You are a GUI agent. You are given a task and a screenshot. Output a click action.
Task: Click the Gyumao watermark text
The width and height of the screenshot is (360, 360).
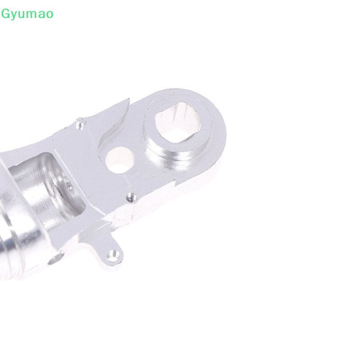point(27,14)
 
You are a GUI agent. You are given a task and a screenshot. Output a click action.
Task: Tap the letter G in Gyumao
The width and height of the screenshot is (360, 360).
point(5,13)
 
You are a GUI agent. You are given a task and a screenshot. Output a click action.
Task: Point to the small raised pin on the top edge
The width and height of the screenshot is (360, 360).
point(81,123)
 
